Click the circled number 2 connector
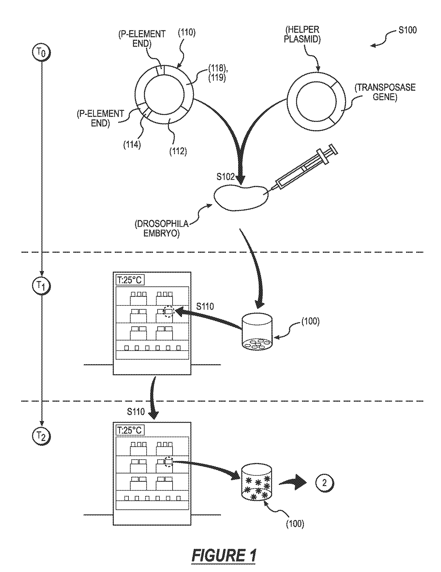coord(325,482)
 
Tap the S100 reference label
coord(408,30)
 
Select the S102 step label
coord(225,177)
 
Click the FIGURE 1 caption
coord(224,555)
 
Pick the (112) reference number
coord(178,151)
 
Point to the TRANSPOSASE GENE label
coord(385,92)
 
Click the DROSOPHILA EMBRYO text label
coord(162,228)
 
